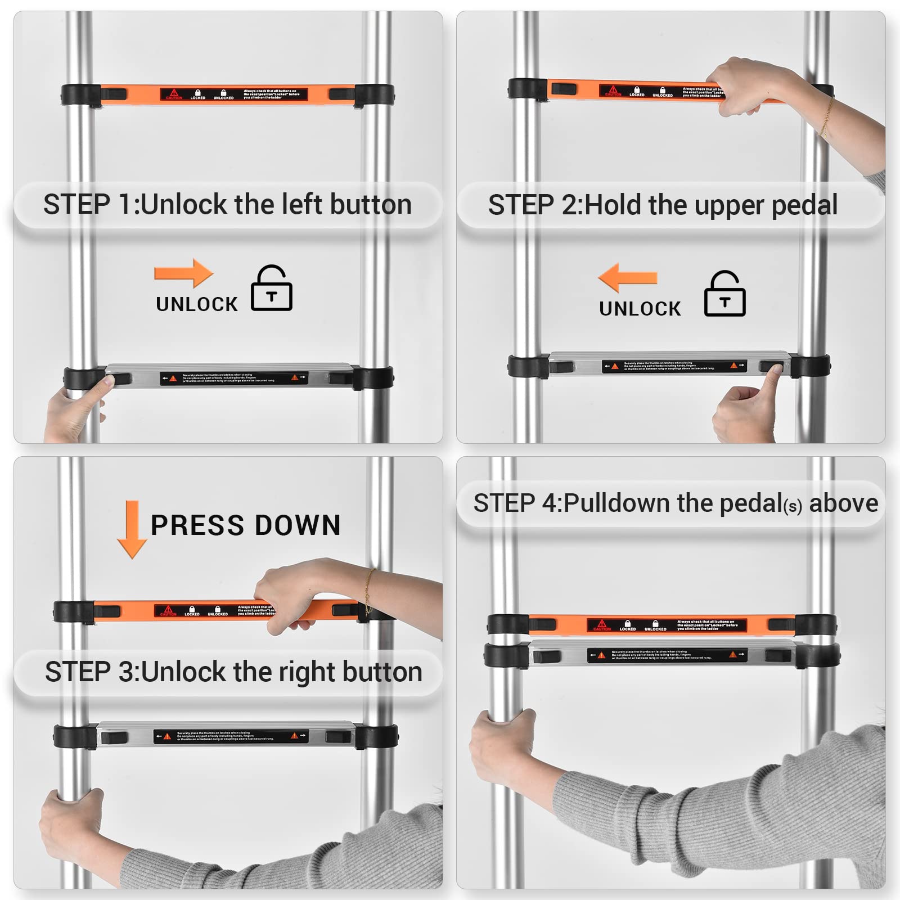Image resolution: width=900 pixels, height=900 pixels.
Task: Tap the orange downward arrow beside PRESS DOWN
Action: point(132,529)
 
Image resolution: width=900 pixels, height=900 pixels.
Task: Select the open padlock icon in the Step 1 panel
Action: point(272,289)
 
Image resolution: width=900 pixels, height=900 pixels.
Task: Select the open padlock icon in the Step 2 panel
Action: point(725,294)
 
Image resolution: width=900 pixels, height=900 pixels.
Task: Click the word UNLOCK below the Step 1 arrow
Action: point(197,304)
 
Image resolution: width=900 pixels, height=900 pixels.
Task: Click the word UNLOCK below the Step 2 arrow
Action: point(640,309)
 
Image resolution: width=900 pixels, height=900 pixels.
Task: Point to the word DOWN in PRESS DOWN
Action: point(298,525)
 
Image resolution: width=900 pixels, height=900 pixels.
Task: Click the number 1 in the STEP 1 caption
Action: point(124,204)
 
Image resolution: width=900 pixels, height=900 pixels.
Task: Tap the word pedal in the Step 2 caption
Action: point(804,205)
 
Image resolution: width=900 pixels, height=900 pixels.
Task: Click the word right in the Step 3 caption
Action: point(308,672)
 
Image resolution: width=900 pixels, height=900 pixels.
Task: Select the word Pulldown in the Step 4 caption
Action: point(618,503)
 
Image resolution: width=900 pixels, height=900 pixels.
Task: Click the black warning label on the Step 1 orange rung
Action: point(233,94)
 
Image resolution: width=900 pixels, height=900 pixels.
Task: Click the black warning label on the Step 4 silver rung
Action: point(667,655)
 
